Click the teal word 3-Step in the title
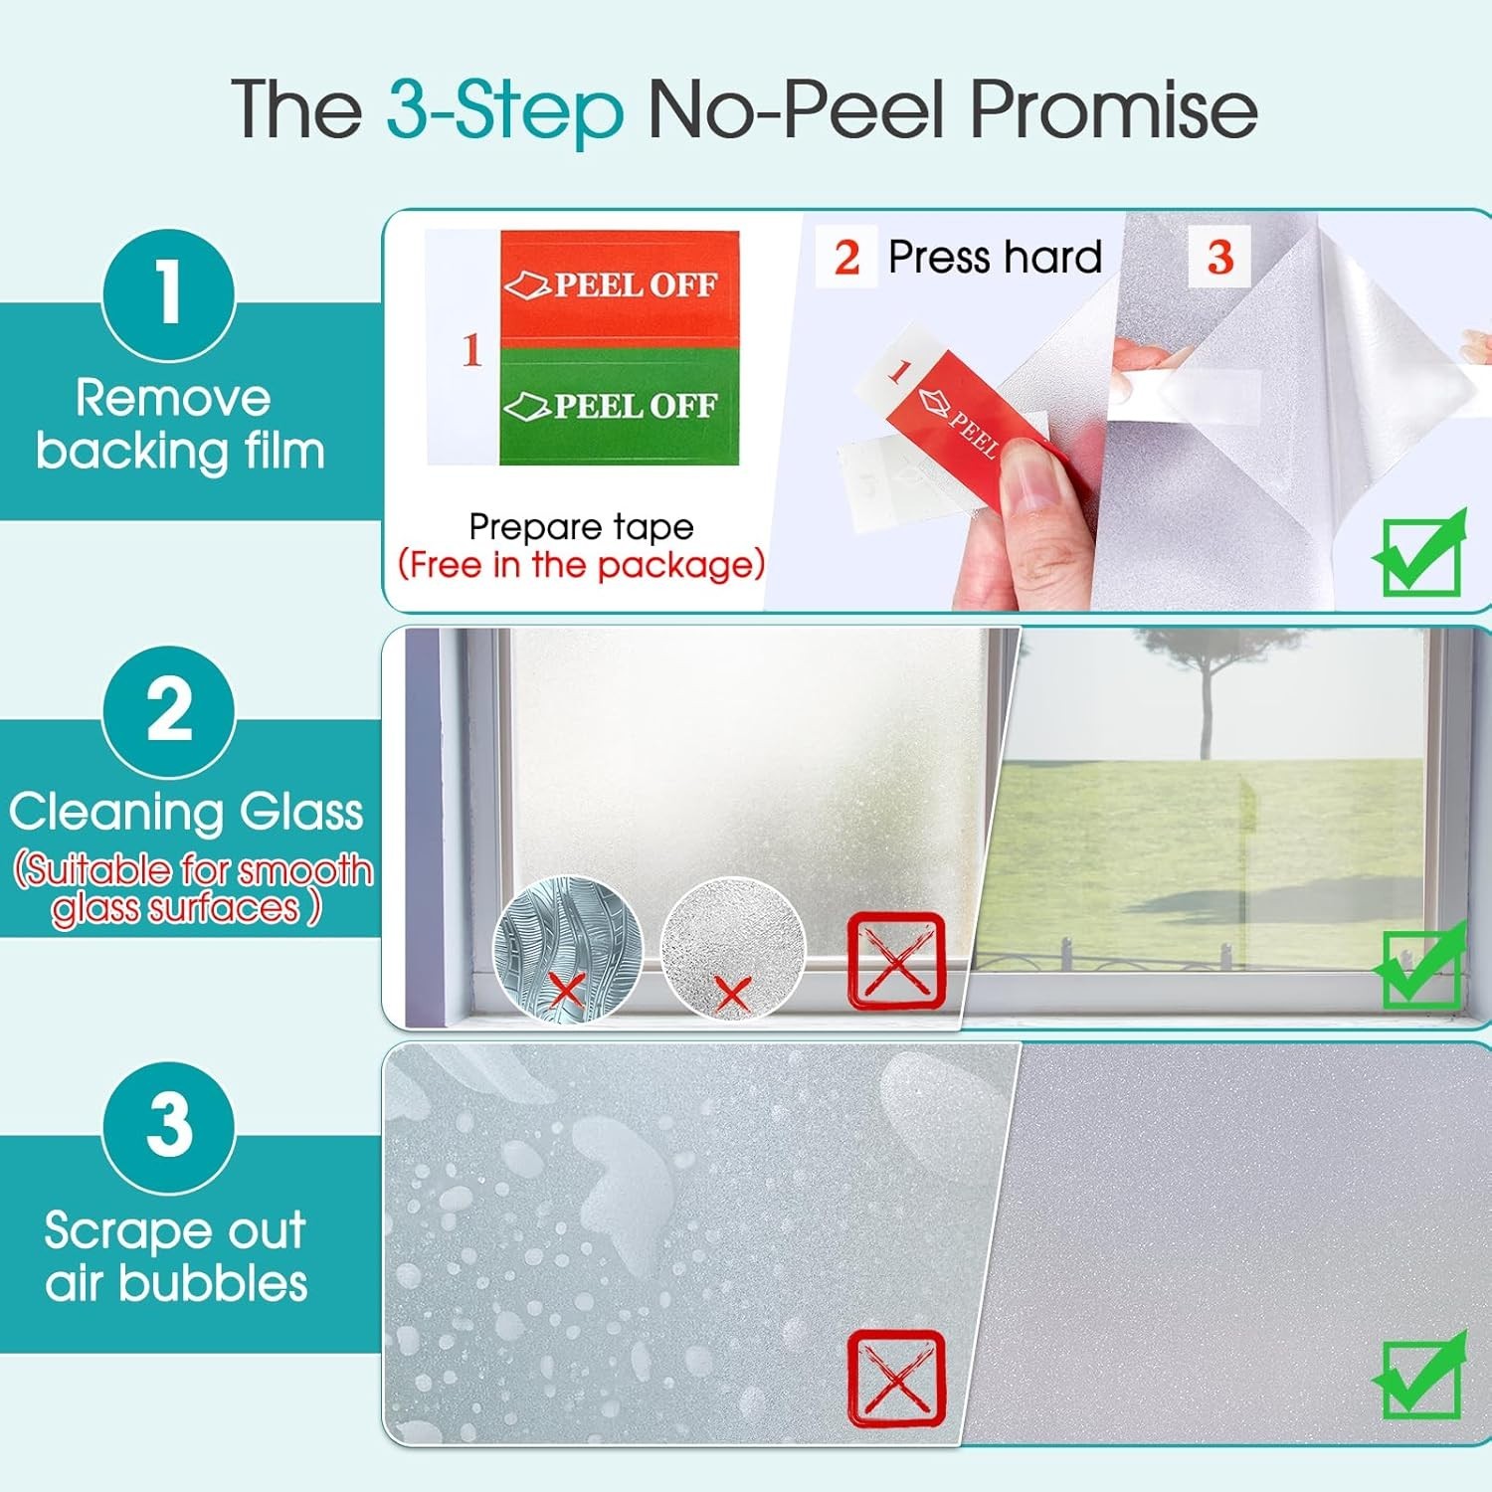tap(504, 109)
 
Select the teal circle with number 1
tap(169, 294)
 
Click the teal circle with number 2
tap(169, 710)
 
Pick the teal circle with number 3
tap(169, 1126)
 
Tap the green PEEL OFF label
tap(619, 406)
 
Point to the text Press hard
tap(995, 258)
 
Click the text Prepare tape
tap(581, 526)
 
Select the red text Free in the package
tap(581, 565)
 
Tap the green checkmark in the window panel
tap(1420, 966)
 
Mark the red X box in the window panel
tap(895, 961)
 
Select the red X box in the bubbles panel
tap(895, 1378)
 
